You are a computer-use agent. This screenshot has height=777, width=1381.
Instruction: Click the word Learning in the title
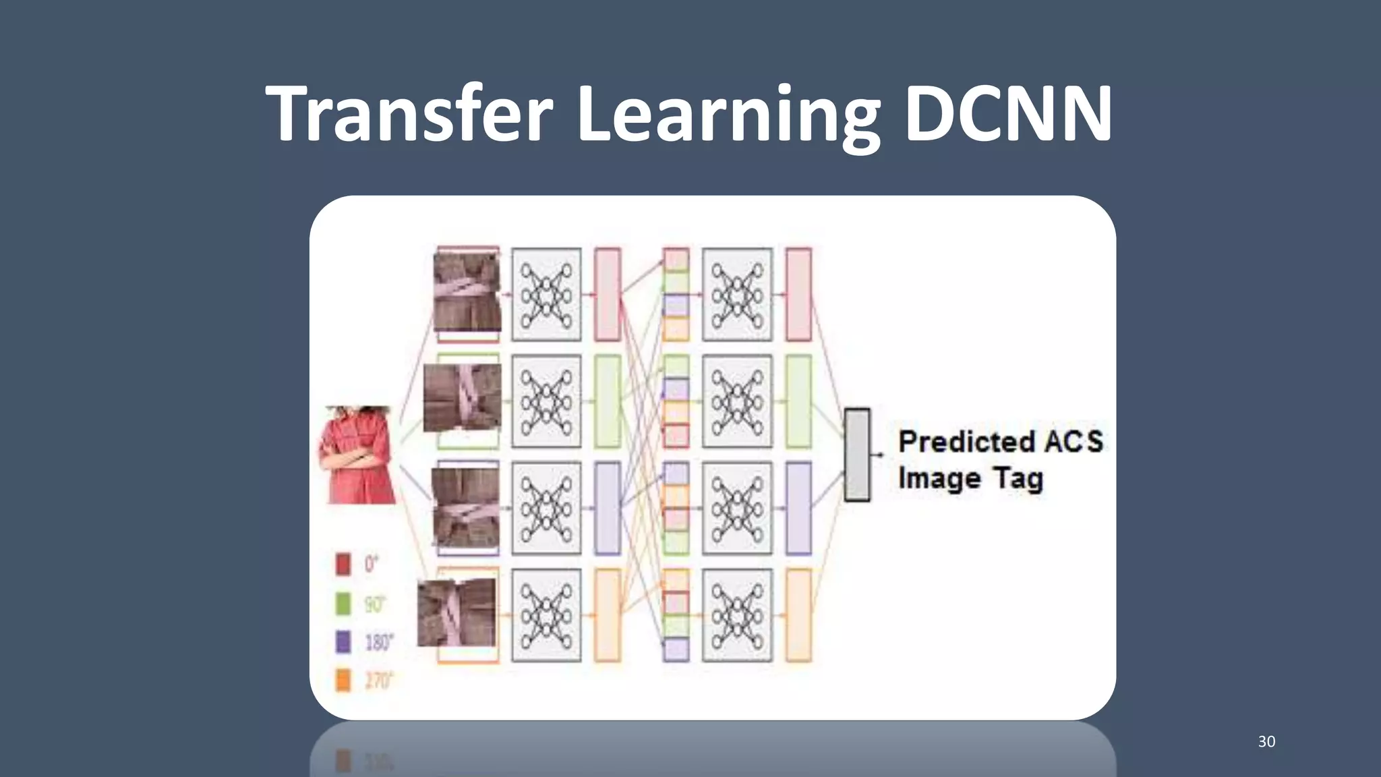(728, 116)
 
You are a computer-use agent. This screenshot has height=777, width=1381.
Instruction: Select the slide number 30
(1266, 741)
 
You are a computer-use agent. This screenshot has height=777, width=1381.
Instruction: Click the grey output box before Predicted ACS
(857, 455)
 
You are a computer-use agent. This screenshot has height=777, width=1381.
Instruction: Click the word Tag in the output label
(1018, 479)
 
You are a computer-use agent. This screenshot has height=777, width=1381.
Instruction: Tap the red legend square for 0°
(343, 564)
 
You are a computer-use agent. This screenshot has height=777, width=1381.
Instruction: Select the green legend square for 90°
(343, 603)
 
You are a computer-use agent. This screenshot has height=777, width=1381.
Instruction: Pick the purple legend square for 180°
(343, 641)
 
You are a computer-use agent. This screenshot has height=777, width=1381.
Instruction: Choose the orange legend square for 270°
(343, 680)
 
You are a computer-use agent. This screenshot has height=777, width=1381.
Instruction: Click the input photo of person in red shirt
(358, 455)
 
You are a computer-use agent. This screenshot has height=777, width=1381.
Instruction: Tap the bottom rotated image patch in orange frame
(457, 612)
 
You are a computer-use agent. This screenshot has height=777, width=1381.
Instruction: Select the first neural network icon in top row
(546, 294)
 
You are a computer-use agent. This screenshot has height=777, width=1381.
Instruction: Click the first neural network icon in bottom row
(546, 615)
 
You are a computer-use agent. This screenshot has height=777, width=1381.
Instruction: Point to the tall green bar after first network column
(608, 401)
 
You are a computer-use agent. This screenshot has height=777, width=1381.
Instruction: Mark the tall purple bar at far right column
(799, 508)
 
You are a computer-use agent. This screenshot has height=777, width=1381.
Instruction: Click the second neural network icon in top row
(737, 294)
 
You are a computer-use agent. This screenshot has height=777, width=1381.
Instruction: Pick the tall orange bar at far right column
(799, 615)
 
